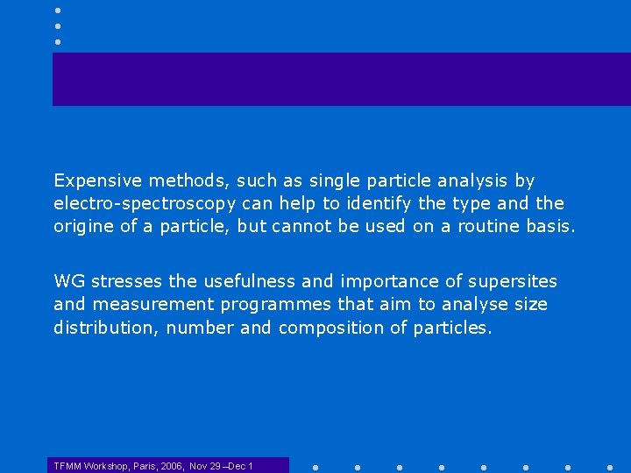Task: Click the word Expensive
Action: click(x=97, y=180)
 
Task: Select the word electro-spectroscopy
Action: click(x=145, y=203)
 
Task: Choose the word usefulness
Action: click(x=251, y=281)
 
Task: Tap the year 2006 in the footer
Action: click(x=172, y=466)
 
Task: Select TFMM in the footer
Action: click(x=67, y=466)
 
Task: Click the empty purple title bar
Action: click(x=342, y=79)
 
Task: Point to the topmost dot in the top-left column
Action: click(x=57, y=10)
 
